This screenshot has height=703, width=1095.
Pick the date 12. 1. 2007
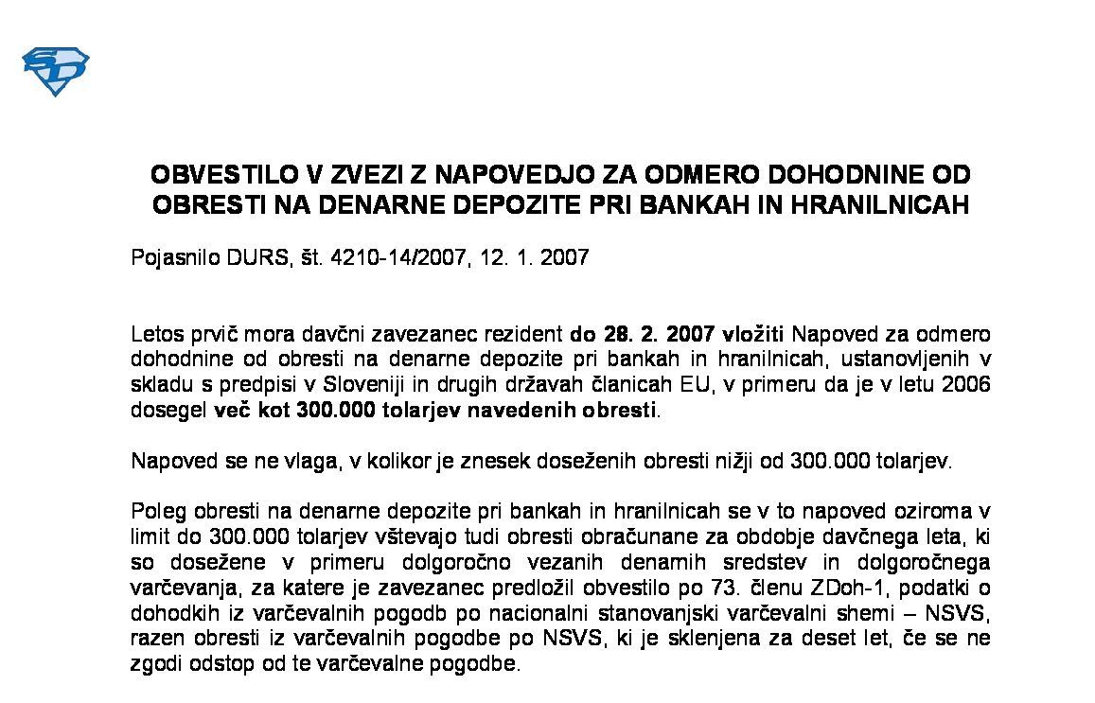(535, 256)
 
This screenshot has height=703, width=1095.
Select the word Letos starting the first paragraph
(156, 335)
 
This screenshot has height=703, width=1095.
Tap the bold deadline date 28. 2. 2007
(643, 335)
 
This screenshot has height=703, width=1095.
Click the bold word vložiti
(753, 335)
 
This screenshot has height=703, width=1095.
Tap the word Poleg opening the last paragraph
(155, 512)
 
